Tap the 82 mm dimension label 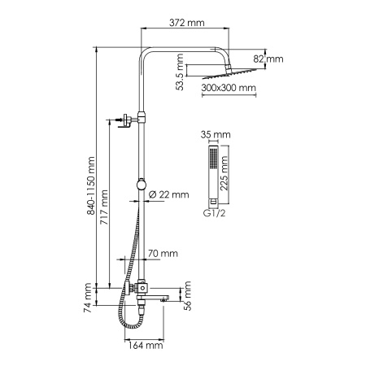pos(273,59)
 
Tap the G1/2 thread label pos(212,215)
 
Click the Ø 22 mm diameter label pos(170,194)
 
